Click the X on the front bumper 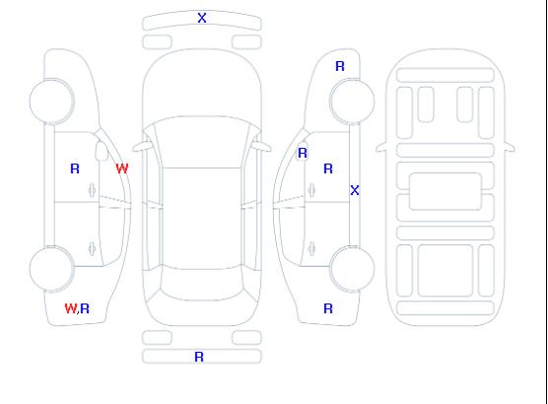click(202, 18)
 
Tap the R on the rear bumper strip click(199, 357)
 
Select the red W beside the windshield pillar click(122, 168)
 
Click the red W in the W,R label click(71, 308)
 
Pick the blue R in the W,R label click(85, 308)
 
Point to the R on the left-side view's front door click(75, 168)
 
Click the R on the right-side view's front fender click(340, 66)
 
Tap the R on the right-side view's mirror click(303, 153)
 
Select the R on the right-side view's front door click(328, 168)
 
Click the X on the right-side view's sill click(355, 190)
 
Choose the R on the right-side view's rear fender click(328, 308)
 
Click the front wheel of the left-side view click(51, 101)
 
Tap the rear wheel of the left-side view click(51, 269)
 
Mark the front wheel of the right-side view click(352, 101)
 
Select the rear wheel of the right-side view click(352, 269)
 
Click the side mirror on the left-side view click(102, 151)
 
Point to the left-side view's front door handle click(92, 190)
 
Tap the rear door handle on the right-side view click(311, 248)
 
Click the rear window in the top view click(202, 285)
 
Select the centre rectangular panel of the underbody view click(445, 191)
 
